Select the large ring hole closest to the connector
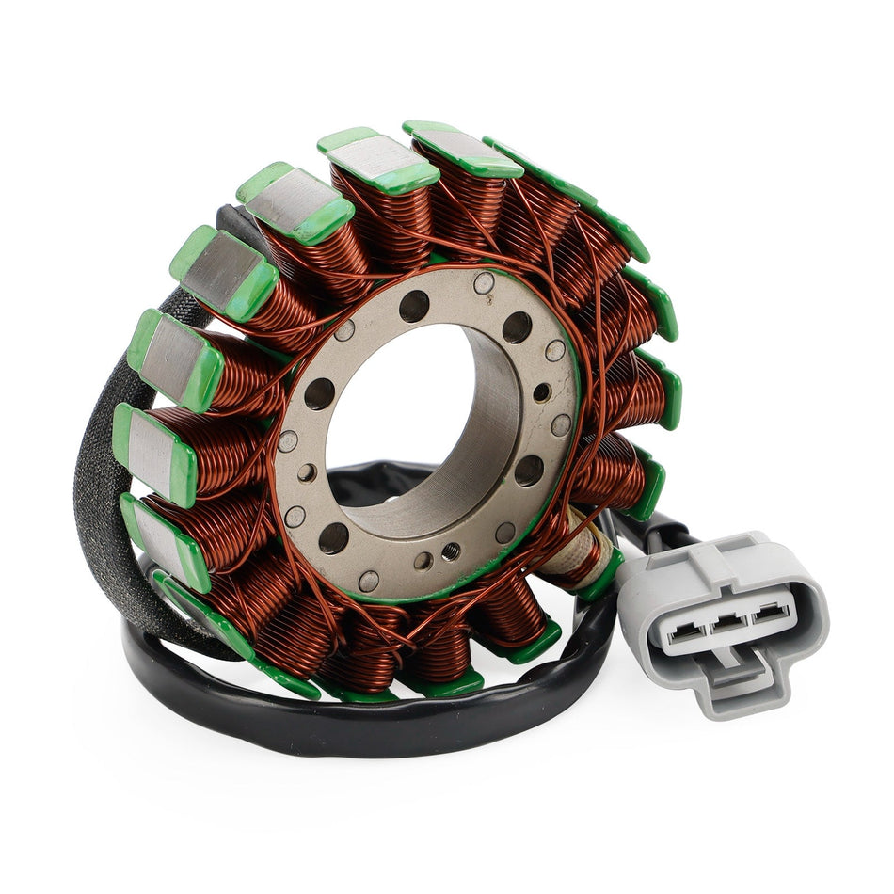tap(529, 469)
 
